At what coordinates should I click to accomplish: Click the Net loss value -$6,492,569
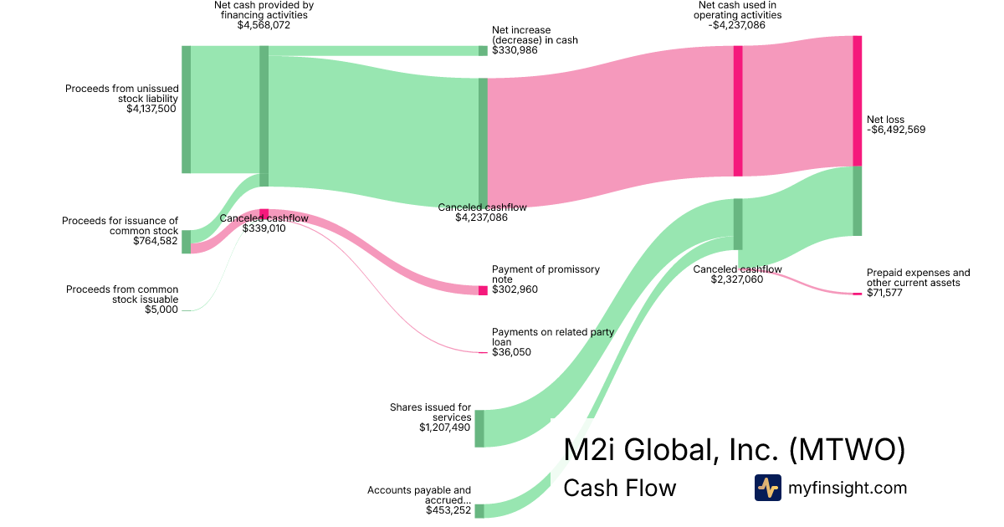point(896,130)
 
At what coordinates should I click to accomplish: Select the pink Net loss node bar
point(857,100)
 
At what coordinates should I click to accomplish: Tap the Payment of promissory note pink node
point(483,290)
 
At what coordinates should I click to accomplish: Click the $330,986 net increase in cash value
point(515,50)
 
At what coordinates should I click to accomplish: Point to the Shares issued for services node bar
point(479,428)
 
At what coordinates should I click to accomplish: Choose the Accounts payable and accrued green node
point(479,511)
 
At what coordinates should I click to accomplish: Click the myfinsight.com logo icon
point(767,488)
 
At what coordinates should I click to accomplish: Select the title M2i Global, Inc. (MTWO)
point(735,449)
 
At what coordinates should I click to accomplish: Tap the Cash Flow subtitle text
point(619,488)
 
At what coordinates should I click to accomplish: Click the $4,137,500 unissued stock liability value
point(151,108)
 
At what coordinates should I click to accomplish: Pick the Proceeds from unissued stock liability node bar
point(187,110)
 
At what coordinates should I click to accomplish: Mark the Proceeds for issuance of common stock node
point(187,242)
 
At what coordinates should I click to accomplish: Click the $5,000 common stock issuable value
point(162,310)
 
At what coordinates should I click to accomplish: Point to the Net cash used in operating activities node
point(738,111)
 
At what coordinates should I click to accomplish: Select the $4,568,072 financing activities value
point(264,25)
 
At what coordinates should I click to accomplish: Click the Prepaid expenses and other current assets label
point(918,278)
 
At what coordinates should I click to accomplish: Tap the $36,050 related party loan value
point(511,352)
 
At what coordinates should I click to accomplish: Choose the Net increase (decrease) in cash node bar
point(483,50)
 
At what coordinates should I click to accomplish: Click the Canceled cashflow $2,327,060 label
point(737,274)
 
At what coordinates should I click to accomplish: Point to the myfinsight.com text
point(848,488)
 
